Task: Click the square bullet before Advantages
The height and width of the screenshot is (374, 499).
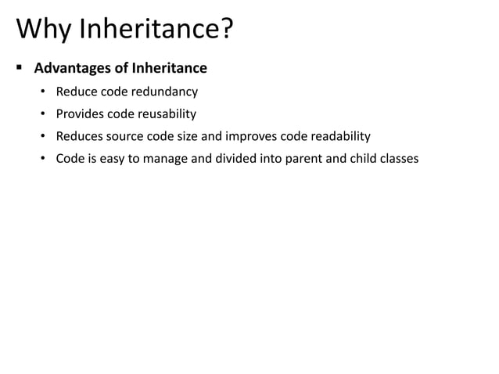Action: click(x=20, y=67)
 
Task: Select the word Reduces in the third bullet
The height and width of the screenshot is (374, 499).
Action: click(x=79, y=136)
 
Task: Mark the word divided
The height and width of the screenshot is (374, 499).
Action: click(x=225, y=159)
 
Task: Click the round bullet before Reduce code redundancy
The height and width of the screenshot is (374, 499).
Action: click(x=45, y=92)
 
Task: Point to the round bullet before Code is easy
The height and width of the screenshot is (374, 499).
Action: click(x=45, y=159)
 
